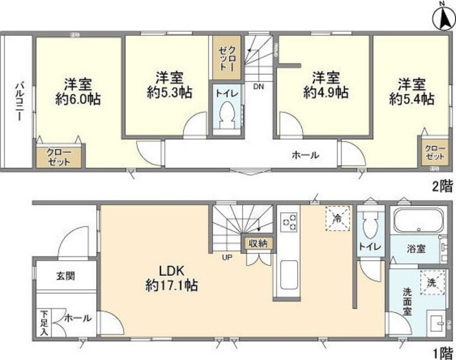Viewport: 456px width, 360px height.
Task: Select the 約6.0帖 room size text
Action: click(78, 100)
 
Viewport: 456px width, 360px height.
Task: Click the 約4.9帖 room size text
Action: click(325, 92)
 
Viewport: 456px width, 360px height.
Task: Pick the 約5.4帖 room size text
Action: click(412, 100)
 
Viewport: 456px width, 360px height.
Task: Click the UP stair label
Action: click(227, 257)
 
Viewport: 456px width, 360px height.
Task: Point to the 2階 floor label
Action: click(441, 187)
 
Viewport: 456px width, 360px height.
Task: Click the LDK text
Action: click(172, 271)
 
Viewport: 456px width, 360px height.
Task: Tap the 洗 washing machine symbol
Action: click(430, 282)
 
